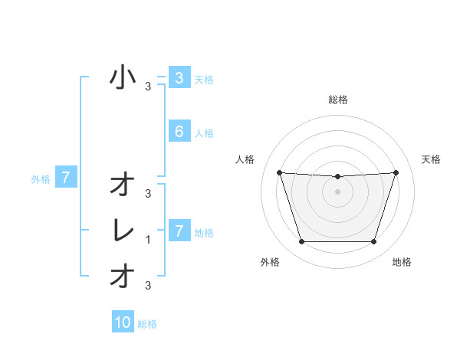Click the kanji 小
tap(123, 77)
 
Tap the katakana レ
tap(123, 231)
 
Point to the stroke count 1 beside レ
tap(149, 240)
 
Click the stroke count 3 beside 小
tap(149, 87)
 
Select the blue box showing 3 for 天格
tap(179, 77)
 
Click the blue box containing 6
tap(179, 132)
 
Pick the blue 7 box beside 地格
tap(179, 231)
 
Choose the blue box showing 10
tap(123, 322)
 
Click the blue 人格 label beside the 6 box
tap(204, 133)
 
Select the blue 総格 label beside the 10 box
tap(147, 324)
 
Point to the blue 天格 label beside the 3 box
tap(204, 79)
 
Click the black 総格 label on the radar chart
tap(338, 100)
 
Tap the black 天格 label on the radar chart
tap(432, 159)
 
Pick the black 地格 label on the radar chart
tap(402, 262)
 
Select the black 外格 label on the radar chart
tap(270, 262)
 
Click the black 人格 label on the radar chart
tap(245, 159)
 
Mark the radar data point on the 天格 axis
tap(396, 172)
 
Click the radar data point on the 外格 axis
tap(301, 242)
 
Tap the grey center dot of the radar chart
tap(337, 191)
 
